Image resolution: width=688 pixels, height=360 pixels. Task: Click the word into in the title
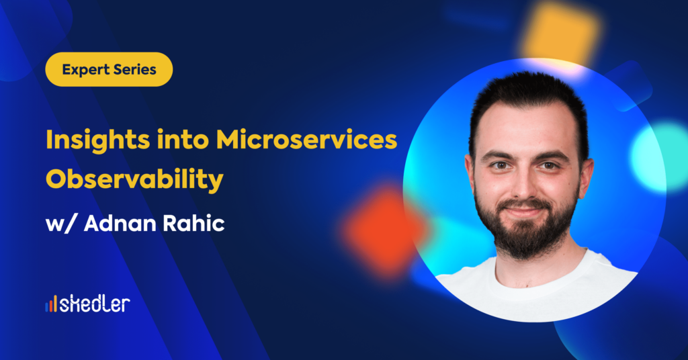click(x=183, y=140)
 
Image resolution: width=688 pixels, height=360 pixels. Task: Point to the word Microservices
click(x=306, y=140)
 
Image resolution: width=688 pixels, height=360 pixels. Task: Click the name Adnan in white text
click(x=120, y=223)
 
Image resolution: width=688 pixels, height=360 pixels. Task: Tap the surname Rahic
click(x=193, y=223)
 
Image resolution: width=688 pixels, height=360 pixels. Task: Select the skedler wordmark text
click(x=95, y=304)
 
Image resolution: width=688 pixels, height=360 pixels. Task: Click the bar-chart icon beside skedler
click(x=51, y=304)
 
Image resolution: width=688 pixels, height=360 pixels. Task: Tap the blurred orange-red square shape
click(x=383, y=230)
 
